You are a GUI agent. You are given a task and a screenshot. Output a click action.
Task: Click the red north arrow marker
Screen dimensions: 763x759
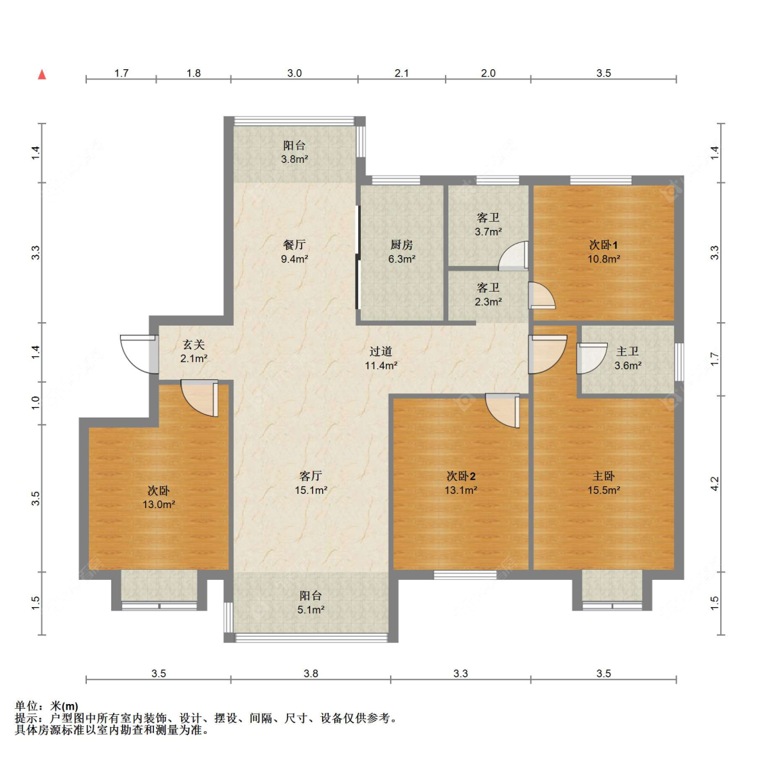(x=42, y=75)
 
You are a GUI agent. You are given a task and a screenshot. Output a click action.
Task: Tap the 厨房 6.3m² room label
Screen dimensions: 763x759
(x=402, y=252)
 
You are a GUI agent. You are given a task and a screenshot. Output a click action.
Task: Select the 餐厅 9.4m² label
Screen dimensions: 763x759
(x=294, y=252)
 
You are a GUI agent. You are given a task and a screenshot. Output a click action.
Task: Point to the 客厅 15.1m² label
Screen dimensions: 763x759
(x=311, y=483)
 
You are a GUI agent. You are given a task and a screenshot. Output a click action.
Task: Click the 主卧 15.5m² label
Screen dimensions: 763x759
(x=604, y=483)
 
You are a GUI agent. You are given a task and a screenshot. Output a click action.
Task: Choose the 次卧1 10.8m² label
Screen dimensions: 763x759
(x=604, y=252)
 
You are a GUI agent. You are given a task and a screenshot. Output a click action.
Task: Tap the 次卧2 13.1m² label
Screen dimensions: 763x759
(x=461, y=483)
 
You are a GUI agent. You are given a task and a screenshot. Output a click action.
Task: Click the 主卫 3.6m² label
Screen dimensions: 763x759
(x=628, y=359)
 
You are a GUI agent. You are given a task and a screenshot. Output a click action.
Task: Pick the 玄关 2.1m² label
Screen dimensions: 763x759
(x=194, y=352)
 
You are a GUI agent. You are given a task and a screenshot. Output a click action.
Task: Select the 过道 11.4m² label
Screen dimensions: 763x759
(x=381, y=359)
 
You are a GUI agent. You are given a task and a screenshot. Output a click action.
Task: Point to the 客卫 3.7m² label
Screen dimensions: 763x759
(x=488, y=225)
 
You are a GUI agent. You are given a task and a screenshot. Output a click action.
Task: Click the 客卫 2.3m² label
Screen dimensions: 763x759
(x=488, y=295)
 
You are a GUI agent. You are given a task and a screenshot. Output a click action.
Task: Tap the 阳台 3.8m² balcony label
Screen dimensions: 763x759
(x=294, y=153)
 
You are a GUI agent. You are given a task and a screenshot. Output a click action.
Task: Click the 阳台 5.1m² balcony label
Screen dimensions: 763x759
(x=311, y=602)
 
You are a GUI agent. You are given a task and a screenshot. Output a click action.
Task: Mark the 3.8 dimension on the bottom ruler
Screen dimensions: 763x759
(x=311, y=674)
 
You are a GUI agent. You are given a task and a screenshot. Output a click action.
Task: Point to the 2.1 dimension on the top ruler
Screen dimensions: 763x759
(x=402, y=73)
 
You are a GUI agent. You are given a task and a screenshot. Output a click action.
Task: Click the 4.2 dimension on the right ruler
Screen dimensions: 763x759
(x=714, y=484)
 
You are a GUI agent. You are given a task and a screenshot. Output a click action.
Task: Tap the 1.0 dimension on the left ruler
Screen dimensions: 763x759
(x=35, y=403)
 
